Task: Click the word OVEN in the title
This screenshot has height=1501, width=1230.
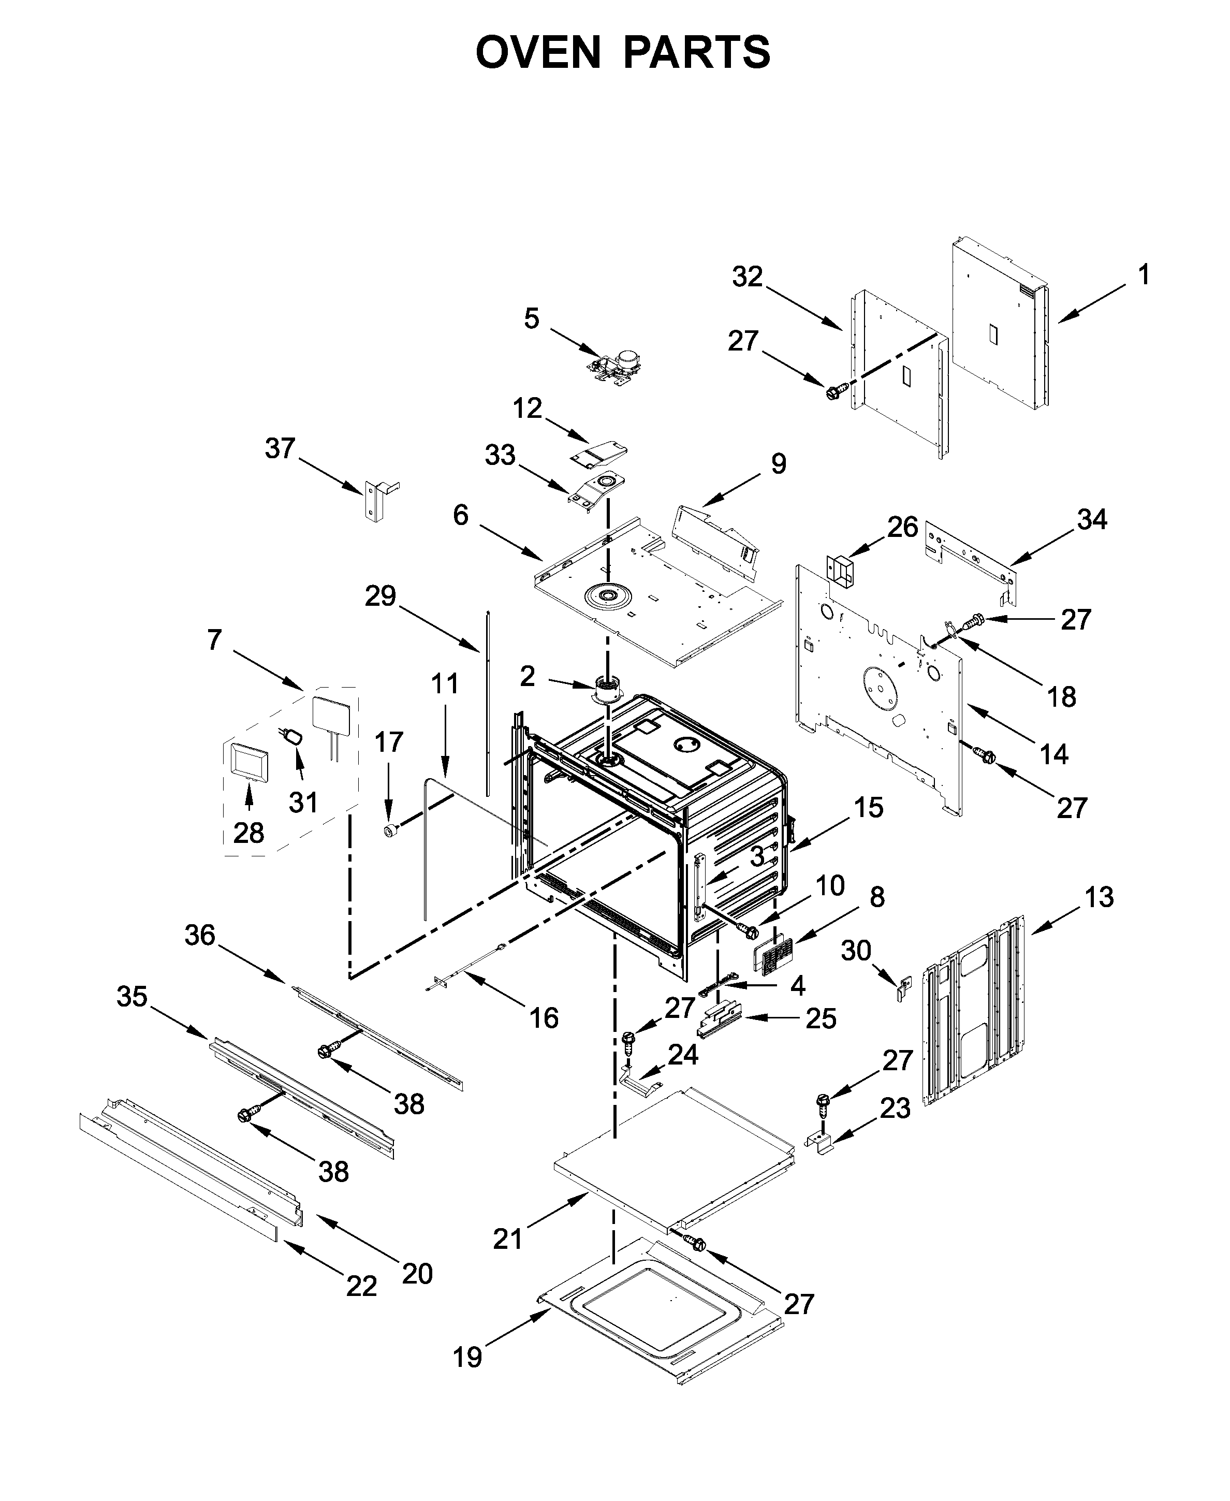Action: (538, 52)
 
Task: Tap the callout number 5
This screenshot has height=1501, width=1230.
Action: (531, 319)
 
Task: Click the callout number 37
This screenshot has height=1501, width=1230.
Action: (280, 448)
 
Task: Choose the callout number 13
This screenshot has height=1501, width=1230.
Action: (1099, 897)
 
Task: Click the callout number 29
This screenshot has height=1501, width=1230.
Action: (380, 596)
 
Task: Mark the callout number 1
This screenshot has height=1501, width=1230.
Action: (1143, 275)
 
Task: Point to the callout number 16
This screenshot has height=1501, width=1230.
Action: (544, 1018)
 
